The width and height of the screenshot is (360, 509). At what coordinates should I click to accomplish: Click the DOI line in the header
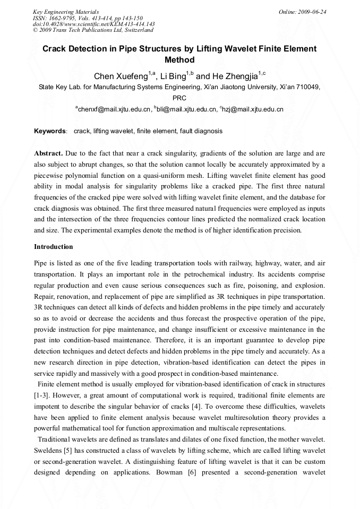pos(93,24)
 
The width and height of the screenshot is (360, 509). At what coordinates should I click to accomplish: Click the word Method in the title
pos(179,60)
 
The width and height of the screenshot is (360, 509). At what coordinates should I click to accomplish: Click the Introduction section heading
pos(54,247)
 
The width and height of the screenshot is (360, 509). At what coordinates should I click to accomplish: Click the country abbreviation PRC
pos(179,98)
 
